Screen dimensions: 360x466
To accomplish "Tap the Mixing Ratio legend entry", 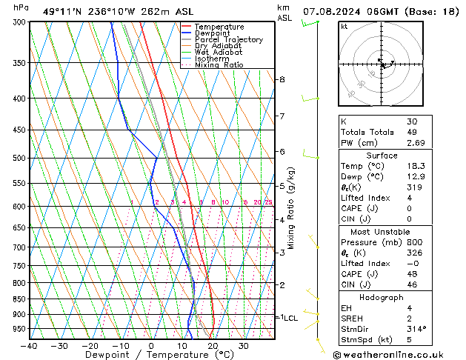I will click(x=219, y=65).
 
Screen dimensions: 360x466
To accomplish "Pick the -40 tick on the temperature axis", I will click(x=29, y=346).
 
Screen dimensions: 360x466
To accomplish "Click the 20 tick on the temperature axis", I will click(x=212, y=346).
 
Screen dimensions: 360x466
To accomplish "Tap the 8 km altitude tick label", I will click(x=282, y=79).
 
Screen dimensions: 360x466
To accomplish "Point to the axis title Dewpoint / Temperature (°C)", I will click(x=150, y=355).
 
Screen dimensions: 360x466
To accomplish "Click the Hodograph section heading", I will click(x=381, y=297).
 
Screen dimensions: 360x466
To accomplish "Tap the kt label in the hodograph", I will click(x=344, y=26).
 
